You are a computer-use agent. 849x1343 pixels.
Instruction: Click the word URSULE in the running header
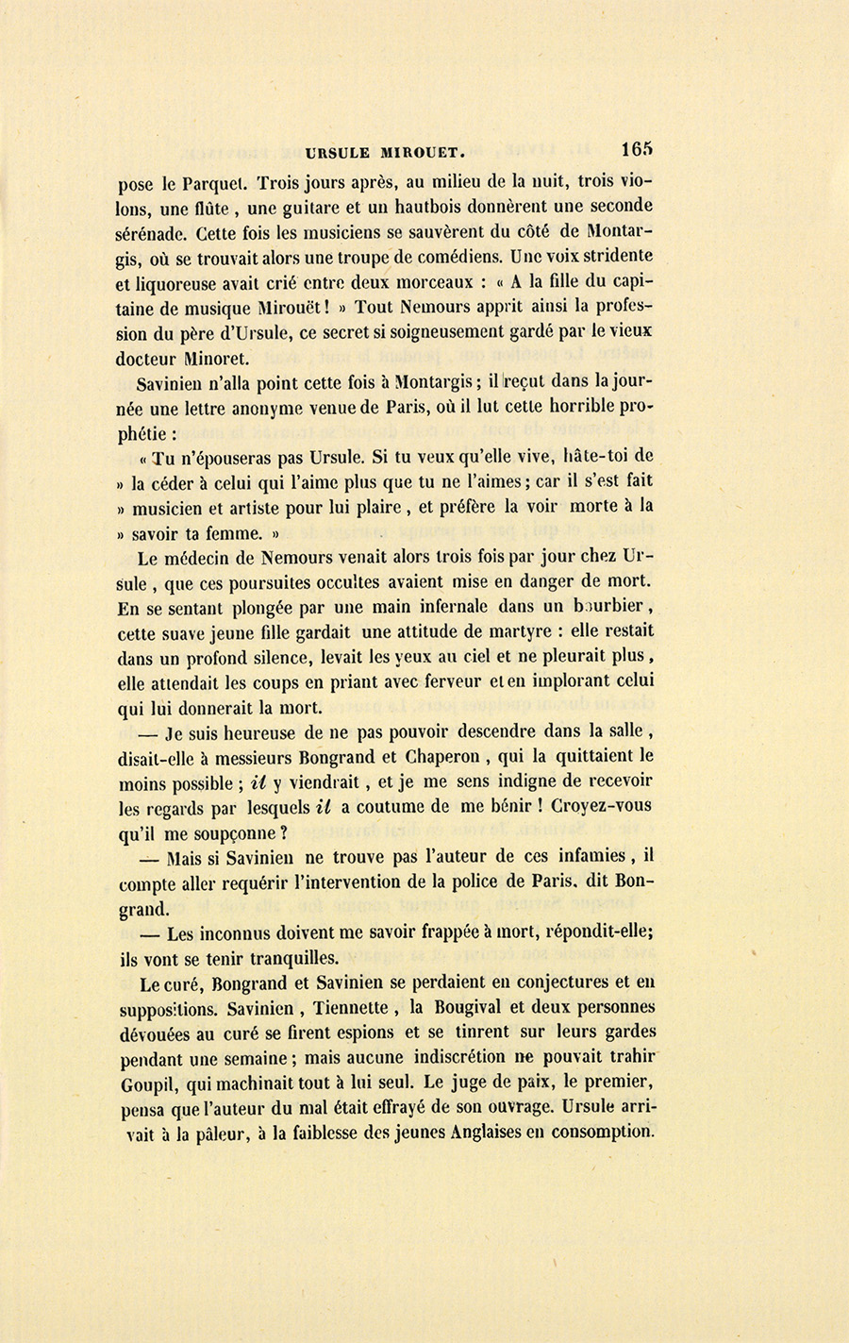(x=335, y=150)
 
